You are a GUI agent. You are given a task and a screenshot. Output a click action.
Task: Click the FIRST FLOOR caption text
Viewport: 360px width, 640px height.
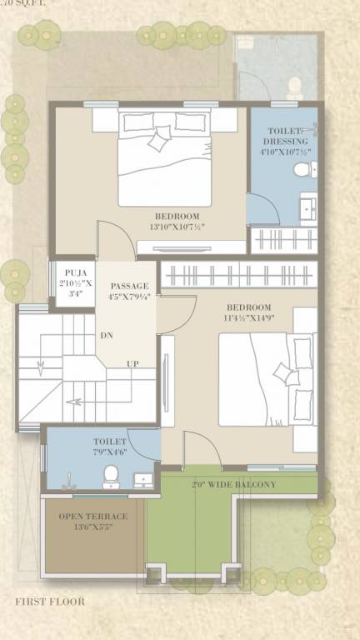tap(49, 601)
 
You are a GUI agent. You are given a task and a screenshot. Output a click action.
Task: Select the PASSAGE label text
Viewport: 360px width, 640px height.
tap(128, 286)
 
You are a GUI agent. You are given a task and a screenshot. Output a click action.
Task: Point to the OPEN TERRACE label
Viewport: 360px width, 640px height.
tap(93, 517)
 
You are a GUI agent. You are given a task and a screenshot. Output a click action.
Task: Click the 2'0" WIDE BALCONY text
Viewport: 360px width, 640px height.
tap(233, 484)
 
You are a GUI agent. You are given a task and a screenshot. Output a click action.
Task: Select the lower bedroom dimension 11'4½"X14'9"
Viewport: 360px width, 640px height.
tap(248, 318)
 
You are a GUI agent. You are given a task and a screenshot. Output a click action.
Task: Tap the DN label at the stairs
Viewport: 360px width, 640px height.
tap(107, 335)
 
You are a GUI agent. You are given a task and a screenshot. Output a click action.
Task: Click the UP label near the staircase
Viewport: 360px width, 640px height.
tap(132, 364)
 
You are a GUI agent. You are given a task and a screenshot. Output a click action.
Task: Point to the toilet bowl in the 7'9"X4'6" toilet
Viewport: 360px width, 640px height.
tap(110, 476)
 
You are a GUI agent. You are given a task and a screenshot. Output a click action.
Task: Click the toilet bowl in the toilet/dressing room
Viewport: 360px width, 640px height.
tap(302, 169)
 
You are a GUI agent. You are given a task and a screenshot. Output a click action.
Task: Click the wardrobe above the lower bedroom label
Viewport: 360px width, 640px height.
tap(237, 275)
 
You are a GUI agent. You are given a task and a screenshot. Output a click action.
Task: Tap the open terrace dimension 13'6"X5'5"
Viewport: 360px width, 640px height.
tap(93, 527)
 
